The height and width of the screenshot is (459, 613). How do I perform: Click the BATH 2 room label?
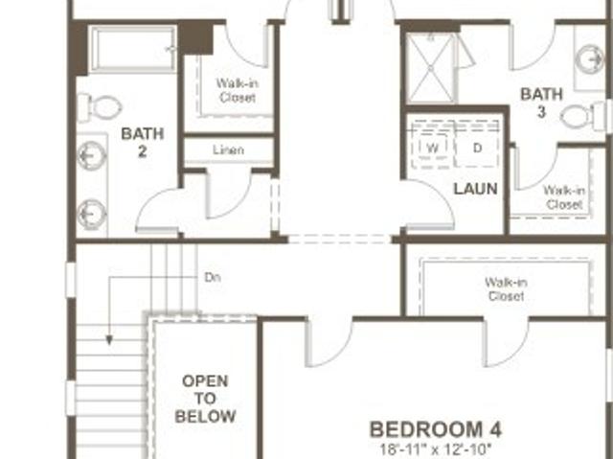point(143,143)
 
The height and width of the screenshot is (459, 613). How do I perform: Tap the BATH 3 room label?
point(541,103)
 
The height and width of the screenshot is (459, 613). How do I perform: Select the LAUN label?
point(475,189)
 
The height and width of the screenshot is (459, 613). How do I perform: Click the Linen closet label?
point(229,149)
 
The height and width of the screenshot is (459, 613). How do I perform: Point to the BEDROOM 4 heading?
point(436,429)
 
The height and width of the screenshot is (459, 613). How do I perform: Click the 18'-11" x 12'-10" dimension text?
point(436,448)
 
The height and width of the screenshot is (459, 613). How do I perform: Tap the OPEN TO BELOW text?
point(205,399)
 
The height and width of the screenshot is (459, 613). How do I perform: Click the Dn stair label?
point(213,277)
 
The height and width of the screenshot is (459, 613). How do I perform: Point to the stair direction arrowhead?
point(109,340)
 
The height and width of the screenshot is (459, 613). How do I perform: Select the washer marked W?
point(432,148)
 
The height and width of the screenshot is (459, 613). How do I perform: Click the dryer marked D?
point(477,148)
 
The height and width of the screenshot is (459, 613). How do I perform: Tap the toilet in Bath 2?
point(100,106)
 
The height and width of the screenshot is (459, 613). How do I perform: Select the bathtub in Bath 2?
point(132,49)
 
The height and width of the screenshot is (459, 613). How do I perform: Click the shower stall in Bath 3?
point(430,69)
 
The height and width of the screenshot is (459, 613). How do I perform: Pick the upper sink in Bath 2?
point(92,155)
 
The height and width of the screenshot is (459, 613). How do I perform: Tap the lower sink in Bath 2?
point(92,215)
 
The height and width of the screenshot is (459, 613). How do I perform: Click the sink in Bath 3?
point(591,59)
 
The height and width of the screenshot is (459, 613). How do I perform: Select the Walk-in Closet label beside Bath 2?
point(238,90)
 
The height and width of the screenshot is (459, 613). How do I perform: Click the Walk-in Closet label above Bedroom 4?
point(506,289)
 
